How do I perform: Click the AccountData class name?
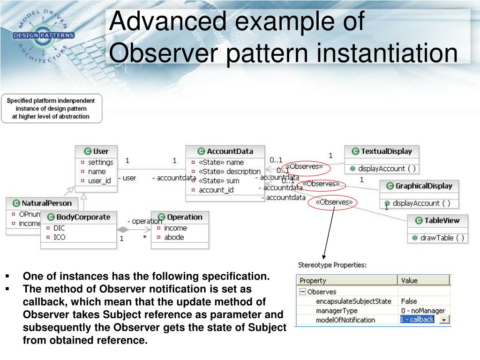click(x=230, y=151)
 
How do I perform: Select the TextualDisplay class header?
click(x=386, y=151)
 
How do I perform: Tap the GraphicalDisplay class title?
click(x=423, y=186)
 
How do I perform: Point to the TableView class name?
click(x=442, y=220)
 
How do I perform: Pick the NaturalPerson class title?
click(x=47, y=203)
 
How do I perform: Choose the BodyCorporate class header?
click(x=83, y=217)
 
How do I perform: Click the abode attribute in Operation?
click(x=174, y=237)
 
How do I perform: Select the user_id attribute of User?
click(x=99, y=180)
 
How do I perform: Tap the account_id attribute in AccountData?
click(x=216, y=190)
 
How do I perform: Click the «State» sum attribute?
click(x=219, y=180)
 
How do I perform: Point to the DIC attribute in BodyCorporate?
click(x=60, y=228)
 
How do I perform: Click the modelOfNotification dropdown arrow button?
click(x=443, y=320)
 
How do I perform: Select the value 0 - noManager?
click(x=422, y=310)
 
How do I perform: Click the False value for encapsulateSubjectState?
click(x=409, y=301)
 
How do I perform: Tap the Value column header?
click(x=409, y=280)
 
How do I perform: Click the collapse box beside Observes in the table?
click(x=302, y=292)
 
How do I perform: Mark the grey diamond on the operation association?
click(x=123, y=230)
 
